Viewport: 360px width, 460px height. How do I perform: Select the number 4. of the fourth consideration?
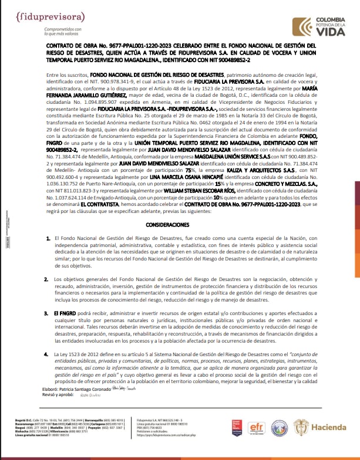coord(48,354)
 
